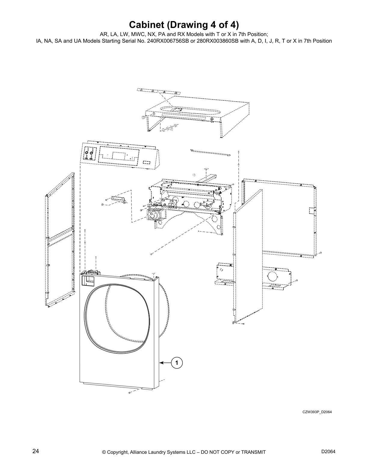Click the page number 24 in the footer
pyautogui.click(x=35, y=451)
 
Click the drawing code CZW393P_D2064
pyautogui.click(x=317, y=412)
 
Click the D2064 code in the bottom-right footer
pyautogui.click(x=328, y=451)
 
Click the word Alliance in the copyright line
pyautogui.click(x=142, y=452)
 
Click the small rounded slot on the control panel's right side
pyautogui.click(x=147, y=162)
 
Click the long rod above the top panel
pyautogui.click(x=158, y=91)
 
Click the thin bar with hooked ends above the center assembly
pyautogui.click(x=210, y=153)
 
